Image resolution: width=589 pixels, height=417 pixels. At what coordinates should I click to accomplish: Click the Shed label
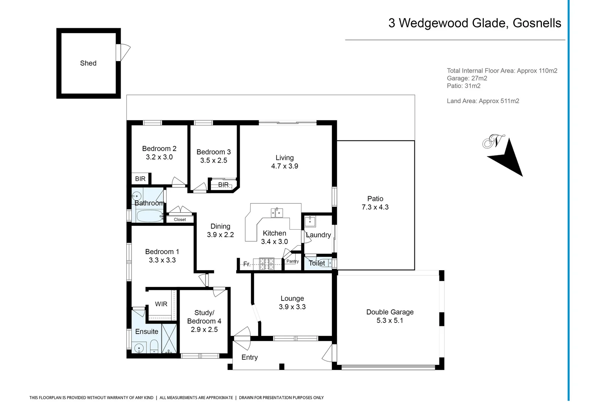(88, 63)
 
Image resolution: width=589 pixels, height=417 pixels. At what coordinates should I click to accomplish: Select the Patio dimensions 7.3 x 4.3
(375, 207)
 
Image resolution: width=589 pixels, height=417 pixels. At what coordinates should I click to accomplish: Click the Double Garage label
(390, 312)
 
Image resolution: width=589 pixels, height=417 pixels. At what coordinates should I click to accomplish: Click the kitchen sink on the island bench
(277, 212)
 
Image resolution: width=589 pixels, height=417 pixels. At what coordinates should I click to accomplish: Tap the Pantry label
(292, 261)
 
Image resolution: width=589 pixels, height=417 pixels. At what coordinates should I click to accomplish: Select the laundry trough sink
(310, 221)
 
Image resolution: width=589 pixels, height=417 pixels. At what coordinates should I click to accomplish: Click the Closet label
(180, 220)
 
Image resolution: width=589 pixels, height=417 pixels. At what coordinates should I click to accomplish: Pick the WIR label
(161, 304)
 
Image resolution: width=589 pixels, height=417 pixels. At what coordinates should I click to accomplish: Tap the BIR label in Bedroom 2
(140, 179)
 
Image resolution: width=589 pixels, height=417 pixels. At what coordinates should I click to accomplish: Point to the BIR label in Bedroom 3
(223, 185)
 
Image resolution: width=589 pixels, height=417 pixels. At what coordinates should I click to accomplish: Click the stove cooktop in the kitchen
(266, 264)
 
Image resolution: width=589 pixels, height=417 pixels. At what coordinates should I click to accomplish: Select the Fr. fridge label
(247, 264)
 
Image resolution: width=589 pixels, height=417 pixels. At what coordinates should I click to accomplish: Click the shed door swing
(124, 52)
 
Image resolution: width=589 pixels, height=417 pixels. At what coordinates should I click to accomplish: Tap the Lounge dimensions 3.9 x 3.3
(292, 307)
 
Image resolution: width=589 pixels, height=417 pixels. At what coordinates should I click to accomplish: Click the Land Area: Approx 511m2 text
(483, 101)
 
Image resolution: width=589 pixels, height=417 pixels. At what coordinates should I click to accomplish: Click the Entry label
(249, 358)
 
